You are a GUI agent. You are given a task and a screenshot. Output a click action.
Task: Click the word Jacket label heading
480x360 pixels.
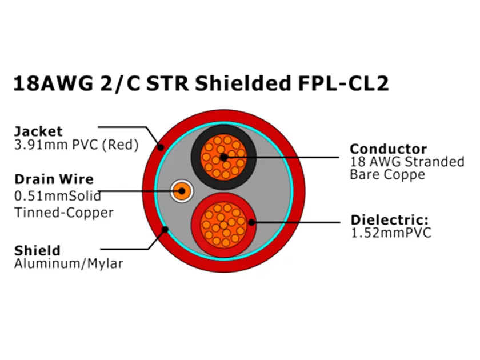(x=38, y=131)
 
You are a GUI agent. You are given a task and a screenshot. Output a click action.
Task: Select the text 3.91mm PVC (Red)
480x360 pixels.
(x=76, y=145)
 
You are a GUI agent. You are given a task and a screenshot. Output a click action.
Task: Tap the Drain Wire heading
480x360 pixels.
(x=54, y=179)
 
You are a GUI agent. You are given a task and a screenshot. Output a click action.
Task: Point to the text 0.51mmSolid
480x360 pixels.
(x=57, y=196)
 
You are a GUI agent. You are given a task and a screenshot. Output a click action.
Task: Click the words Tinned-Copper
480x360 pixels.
(x=64, y=213)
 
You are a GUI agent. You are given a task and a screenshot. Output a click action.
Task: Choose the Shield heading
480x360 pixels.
(x=37, y=250)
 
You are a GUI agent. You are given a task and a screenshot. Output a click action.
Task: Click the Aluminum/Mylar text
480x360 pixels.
(x=69, y=263)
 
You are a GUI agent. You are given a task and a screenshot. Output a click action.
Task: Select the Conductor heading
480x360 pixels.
(x=388, y=149)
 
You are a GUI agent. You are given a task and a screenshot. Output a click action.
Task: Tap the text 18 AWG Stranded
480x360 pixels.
(x=407, y=162)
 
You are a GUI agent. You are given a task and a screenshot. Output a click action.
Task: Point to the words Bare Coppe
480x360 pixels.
(x=387, y=175)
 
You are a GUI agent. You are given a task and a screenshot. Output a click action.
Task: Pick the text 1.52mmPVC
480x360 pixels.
(x=390, y=233)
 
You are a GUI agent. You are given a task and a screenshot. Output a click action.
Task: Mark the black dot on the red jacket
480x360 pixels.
(x=161, y=147)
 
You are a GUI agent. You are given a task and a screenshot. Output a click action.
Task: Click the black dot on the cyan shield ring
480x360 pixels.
(x=166, y=230)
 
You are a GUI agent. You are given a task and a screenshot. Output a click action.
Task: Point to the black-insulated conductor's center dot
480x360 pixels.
(x=223, y=156)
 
